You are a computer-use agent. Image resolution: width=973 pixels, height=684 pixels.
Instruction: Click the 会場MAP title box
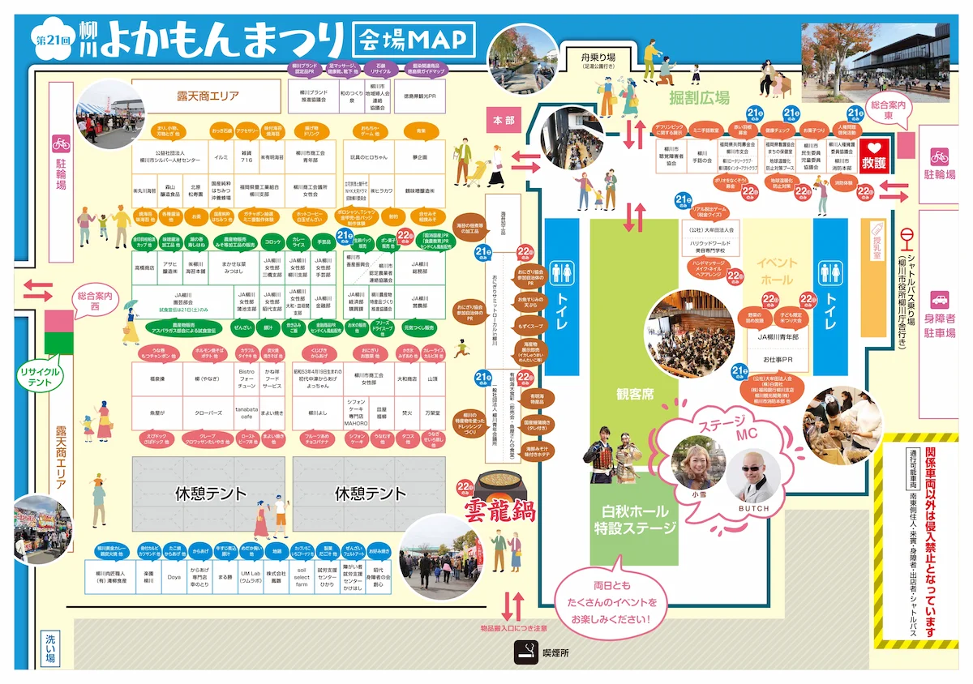point(414,38)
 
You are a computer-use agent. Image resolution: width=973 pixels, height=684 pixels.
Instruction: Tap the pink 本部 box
point(504,119)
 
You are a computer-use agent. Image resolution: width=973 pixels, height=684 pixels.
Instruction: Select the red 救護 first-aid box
point(874,156)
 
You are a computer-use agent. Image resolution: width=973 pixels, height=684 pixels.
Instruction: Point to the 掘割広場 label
point(699,98)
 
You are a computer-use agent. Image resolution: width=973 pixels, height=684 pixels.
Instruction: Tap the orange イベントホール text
point(777,271)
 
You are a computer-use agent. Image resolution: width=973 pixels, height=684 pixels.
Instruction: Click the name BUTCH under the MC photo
point(752,507)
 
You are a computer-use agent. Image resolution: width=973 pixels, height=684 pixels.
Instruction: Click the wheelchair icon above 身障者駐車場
point(940,299)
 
